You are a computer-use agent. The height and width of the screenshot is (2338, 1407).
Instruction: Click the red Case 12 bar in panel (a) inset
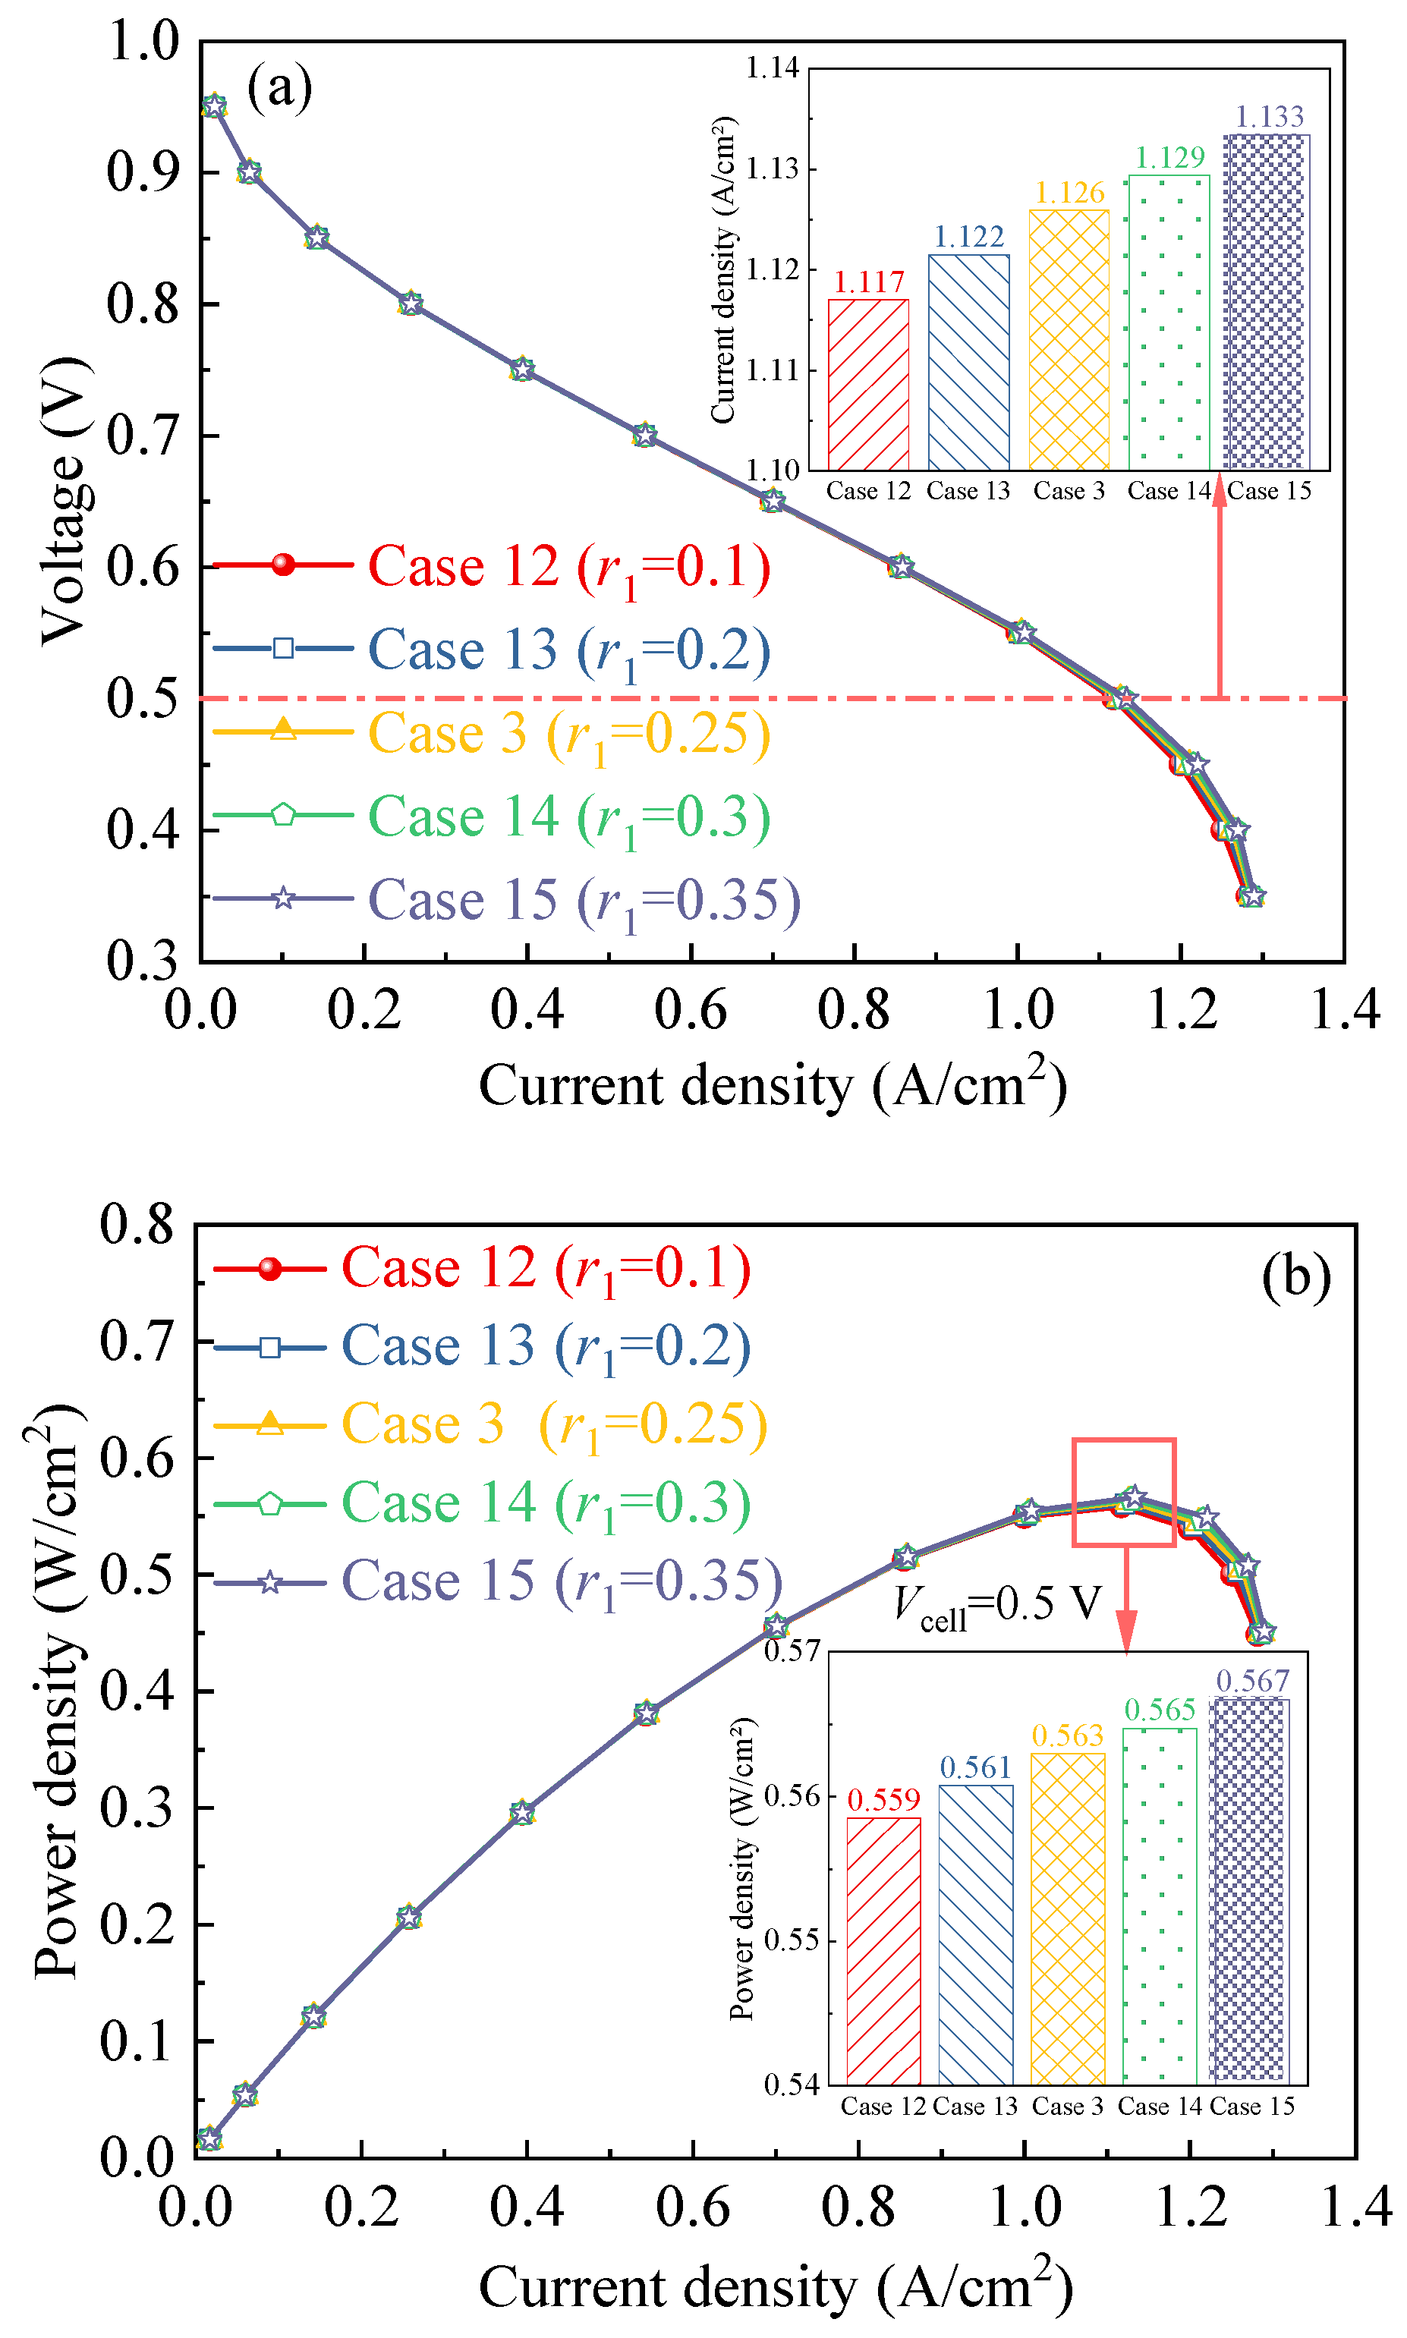click(x=868, y=384)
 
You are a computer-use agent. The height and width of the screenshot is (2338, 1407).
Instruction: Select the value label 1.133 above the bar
click(x=1270, y=117)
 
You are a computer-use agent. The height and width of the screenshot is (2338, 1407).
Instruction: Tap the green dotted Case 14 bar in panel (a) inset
click(x=1169, y=323)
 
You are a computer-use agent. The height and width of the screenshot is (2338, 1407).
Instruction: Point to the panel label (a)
click(x=280, y=87)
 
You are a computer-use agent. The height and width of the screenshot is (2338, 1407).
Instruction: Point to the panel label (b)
click(x=1296, y=1277)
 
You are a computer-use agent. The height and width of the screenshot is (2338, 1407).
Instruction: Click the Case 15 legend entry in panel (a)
click(x=506, y=900)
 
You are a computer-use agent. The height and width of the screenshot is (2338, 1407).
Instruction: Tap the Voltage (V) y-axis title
click(x=65, y=501)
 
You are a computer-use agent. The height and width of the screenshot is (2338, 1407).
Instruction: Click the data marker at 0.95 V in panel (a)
click(x=214, y=106)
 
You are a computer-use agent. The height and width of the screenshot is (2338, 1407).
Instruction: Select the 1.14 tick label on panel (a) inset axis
click(x=773, y=68)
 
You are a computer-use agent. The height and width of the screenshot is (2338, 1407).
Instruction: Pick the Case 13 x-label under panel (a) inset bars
click(x=968, y=491)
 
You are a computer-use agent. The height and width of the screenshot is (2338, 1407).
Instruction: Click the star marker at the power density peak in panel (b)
click(x=1132, y=1497)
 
